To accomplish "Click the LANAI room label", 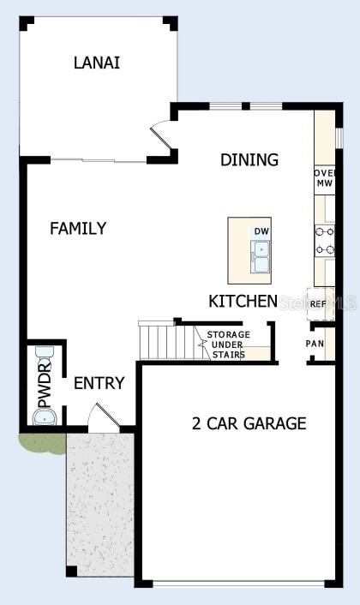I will (x=96, y=63).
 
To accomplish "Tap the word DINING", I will (x=249, y=159).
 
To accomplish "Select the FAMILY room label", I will (x=78, y=228).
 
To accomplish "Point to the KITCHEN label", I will (x=243, y=301).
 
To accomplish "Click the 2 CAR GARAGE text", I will (x=249, y=422).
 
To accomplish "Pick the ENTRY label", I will (x=99, y=383).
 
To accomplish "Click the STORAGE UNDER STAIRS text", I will (x=228, y=344).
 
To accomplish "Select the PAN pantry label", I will (x=315, y=344).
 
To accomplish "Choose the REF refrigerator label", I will (x=317, y=303).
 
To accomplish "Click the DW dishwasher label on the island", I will (x=261, y=231).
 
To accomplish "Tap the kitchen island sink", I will (x=261, y=255).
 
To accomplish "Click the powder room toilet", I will (x=43, y=354).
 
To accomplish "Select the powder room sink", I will (x=43, y=417).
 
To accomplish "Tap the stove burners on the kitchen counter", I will (x=325, y=240).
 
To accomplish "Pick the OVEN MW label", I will (x=324, y=177).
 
